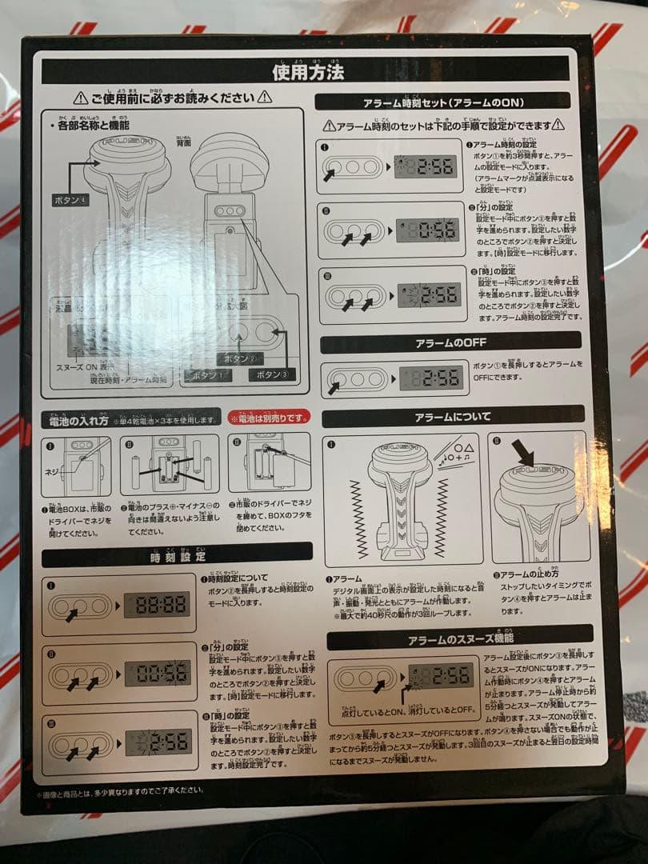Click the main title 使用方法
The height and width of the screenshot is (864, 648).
coord(309,72)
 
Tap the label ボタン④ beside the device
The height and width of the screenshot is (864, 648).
coord(71,198)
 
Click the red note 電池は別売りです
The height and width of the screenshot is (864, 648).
coord(270,418)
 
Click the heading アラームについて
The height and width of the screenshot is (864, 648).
coord(453,417)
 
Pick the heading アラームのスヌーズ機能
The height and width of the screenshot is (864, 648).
coord(460,638)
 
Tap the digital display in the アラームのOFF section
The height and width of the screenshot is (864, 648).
coord(431,377)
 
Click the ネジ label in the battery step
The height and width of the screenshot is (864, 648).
coord(53,471)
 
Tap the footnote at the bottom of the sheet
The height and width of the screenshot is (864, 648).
coord(120,791)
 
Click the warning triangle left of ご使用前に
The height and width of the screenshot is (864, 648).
coord(80,98)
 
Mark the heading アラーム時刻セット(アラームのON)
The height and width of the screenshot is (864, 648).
coord(442,102)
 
